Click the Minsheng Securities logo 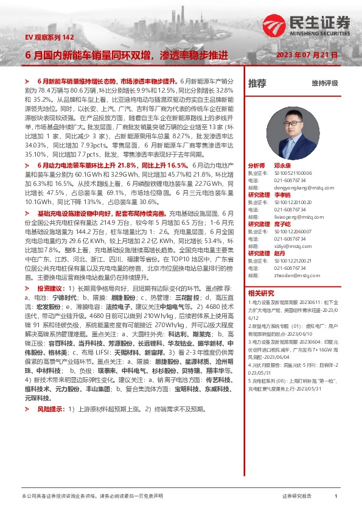(x=307, y=24)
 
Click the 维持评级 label (x=324, y=83)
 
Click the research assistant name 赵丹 (x=279, y=252)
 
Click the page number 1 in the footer (x=336, y=497)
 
